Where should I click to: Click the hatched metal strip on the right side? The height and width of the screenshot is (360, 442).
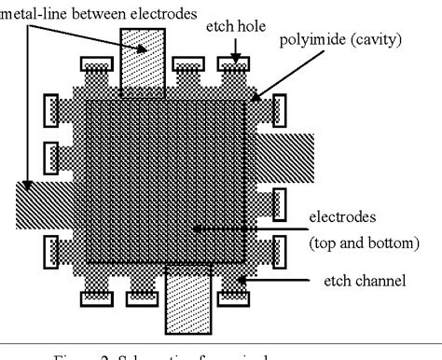[284, 153]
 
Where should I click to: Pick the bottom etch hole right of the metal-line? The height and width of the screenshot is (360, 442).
[233, 299]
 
